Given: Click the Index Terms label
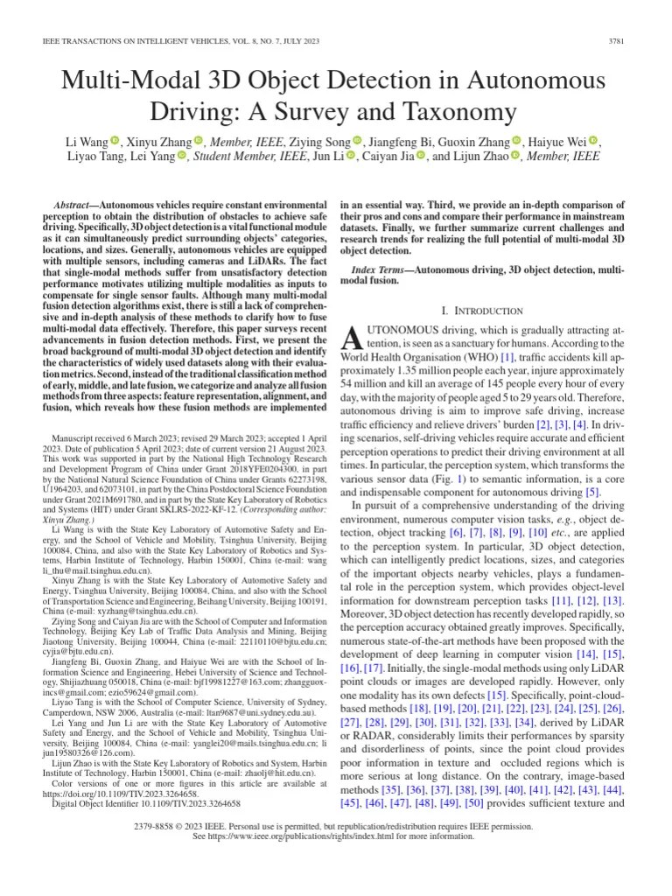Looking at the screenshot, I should point(382,269).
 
